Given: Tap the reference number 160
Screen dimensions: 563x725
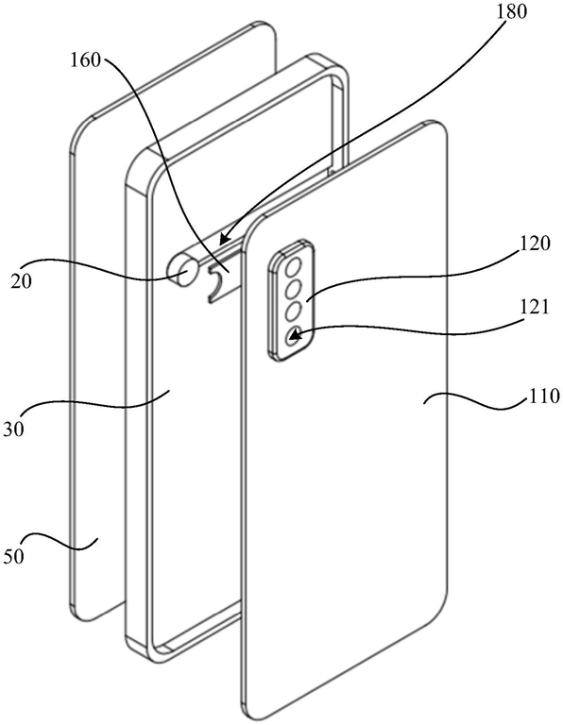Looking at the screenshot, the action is point(85,60).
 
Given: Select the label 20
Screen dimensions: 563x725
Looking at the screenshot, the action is point(22,280).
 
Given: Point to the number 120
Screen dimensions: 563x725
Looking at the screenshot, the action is point(535,244).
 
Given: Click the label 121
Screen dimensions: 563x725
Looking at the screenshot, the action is point(533,308).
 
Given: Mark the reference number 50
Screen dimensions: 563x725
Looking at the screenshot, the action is point(13,556).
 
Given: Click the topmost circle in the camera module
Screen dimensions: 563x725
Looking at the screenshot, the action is point(294,268).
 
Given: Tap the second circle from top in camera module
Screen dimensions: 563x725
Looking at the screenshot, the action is point(294,290).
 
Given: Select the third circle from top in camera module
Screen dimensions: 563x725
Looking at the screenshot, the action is point(294,312).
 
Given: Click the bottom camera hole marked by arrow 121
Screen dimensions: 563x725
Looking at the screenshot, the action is point(294,334).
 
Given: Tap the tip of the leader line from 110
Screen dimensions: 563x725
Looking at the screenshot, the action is point(424,403).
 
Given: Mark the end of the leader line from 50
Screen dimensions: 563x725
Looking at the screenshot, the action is point(96,539).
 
